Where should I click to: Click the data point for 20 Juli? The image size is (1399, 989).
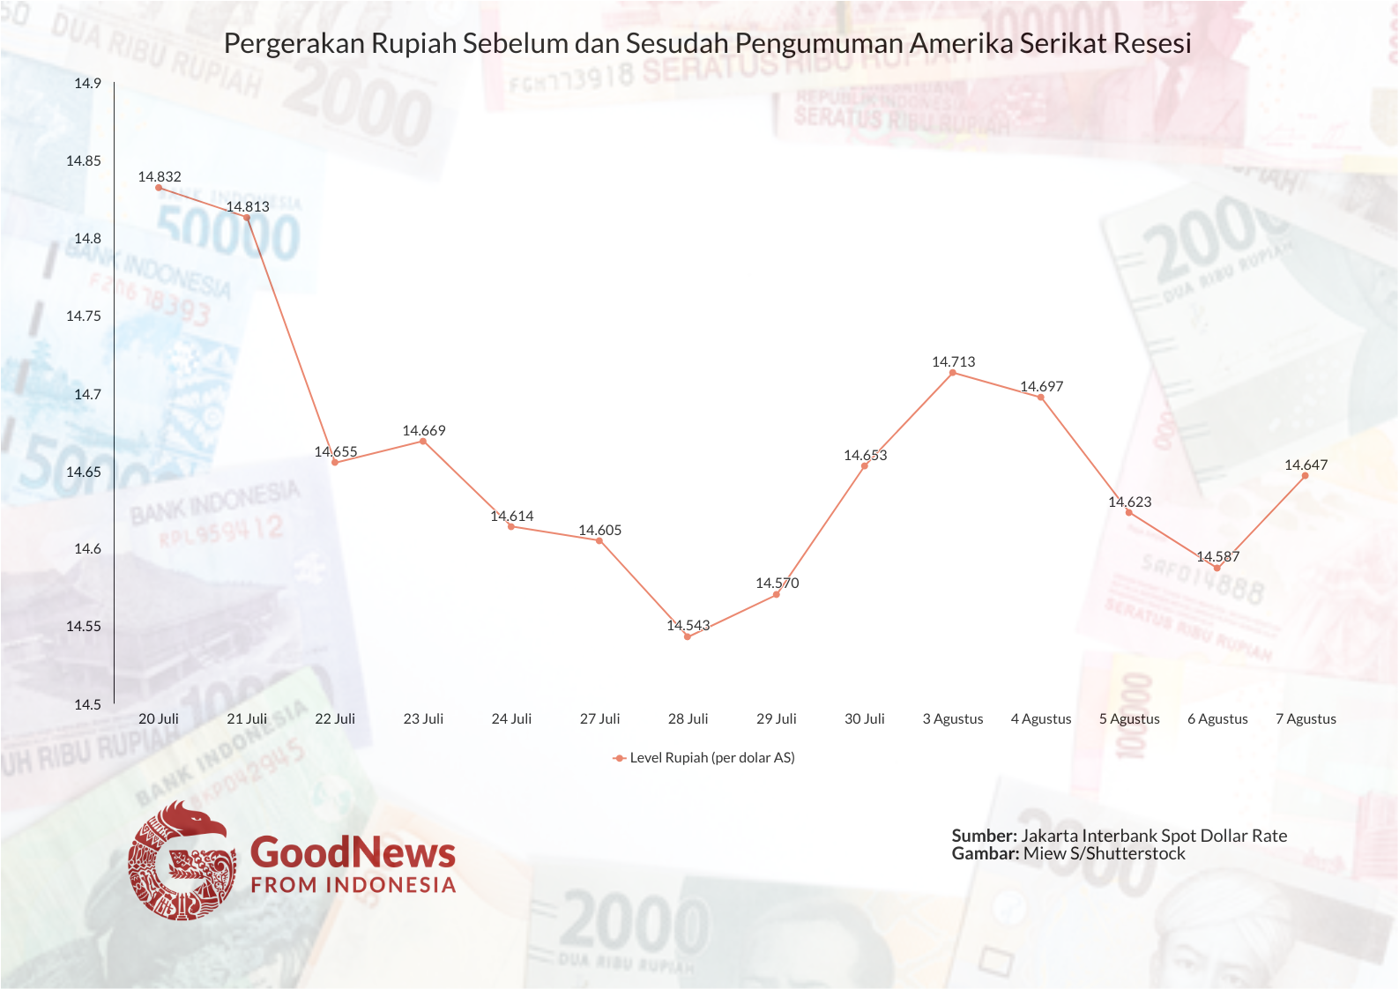click(159, 188)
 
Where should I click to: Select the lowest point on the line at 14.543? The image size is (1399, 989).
click(688, 636)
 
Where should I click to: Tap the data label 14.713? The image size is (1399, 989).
click(953, 361)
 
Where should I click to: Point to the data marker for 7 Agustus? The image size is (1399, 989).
click(1306, 476)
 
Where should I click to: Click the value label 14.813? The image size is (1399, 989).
click(248, 206)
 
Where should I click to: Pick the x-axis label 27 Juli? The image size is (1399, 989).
click(599, 718)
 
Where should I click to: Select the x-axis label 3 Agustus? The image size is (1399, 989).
click(952, 718)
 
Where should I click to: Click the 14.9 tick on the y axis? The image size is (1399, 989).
click(87, 84)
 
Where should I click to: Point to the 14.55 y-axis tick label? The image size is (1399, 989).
click(84, 627)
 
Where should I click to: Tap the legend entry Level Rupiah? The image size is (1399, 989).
click(711, 757)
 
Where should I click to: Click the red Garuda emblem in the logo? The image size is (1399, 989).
click(182, 860)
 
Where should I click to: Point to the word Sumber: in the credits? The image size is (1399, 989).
click(984, 836)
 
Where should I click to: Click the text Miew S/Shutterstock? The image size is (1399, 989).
click(1104, 853)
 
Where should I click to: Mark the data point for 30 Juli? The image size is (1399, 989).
click(865, 465)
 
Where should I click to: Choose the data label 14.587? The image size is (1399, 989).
click(1217, 556)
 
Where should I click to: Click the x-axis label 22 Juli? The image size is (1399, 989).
click(335, 718)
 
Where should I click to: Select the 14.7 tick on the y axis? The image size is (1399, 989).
click(87, 394)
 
